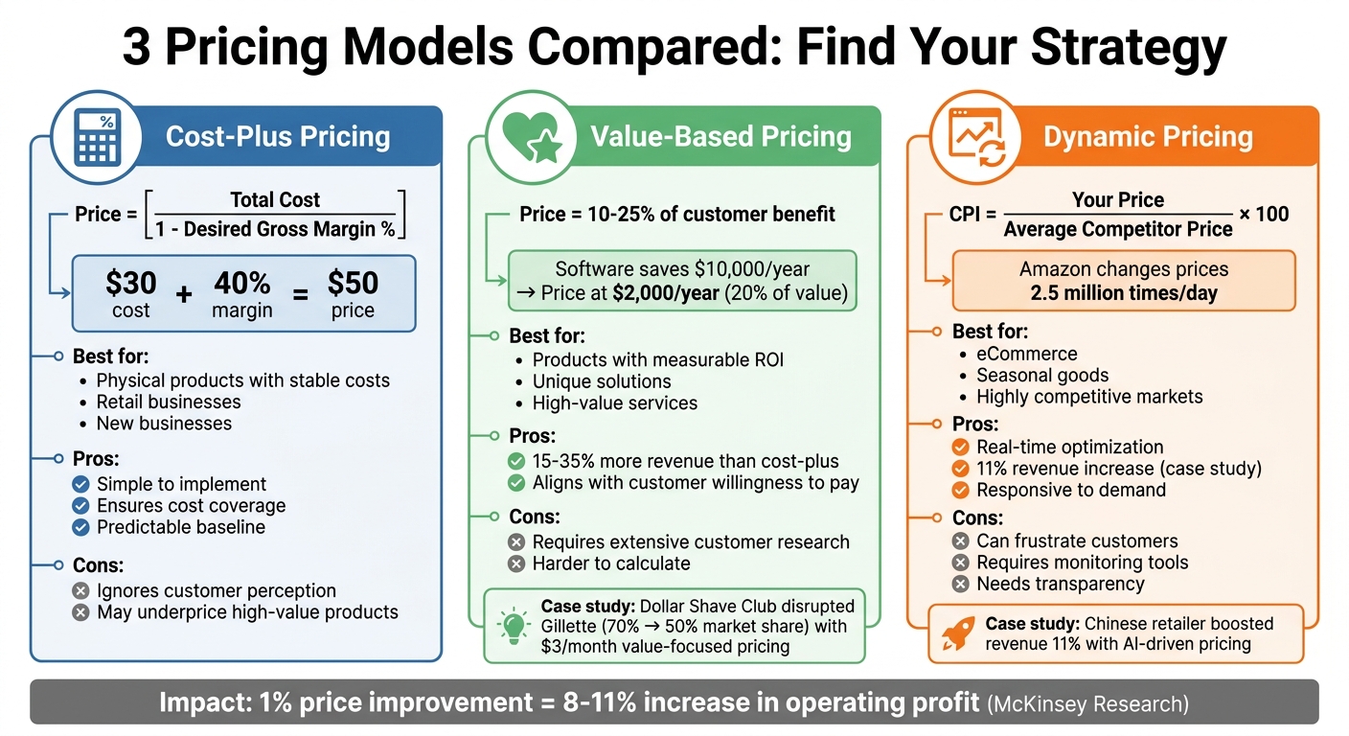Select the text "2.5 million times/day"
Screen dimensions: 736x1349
pos(1124,293)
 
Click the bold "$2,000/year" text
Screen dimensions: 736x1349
pos(665,294)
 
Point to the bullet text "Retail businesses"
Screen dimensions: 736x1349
pos(169,402)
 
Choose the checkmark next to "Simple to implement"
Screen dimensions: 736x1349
pos(80,484)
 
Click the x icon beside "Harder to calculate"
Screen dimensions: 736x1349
pos(516,563)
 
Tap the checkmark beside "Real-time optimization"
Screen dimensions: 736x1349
pos(960,447)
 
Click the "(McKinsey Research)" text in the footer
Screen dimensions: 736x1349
pos(1087,704)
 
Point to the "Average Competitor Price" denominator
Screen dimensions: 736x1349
pos(1118,229)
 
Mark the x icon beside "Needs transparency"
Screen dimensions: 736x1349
pos(960,584)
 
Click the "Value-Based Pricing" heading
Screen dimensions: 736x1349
pos(720,137)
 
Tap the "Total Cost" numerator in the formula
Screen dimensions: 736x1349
pos(275,200)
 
